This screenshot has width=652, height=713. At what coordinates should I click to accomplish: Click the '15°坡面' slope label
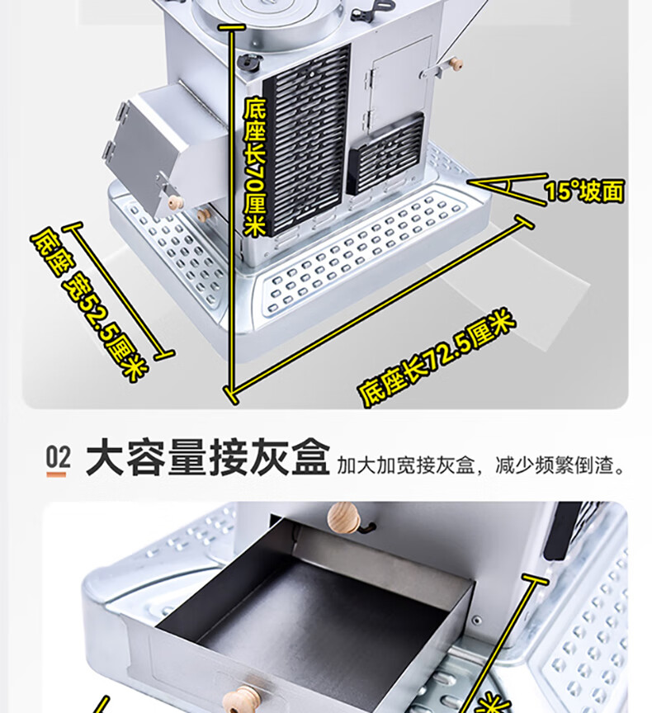583,191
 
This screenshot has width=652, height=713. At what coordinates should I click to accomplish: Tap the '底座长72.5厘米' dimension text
438,357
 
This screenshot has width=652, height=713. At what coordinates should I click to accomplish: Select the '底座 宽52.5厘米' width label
90,306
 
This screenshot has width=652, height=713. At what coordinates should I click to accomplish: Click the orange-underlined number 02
58,459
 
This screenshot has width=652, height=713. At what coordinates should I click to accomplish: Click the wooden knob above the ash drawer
345,519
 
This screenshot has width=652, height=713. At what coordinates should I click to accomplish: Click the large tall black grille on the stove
305,140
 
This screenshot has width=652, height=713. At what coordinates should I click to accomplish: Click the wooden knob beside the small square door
455,64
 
